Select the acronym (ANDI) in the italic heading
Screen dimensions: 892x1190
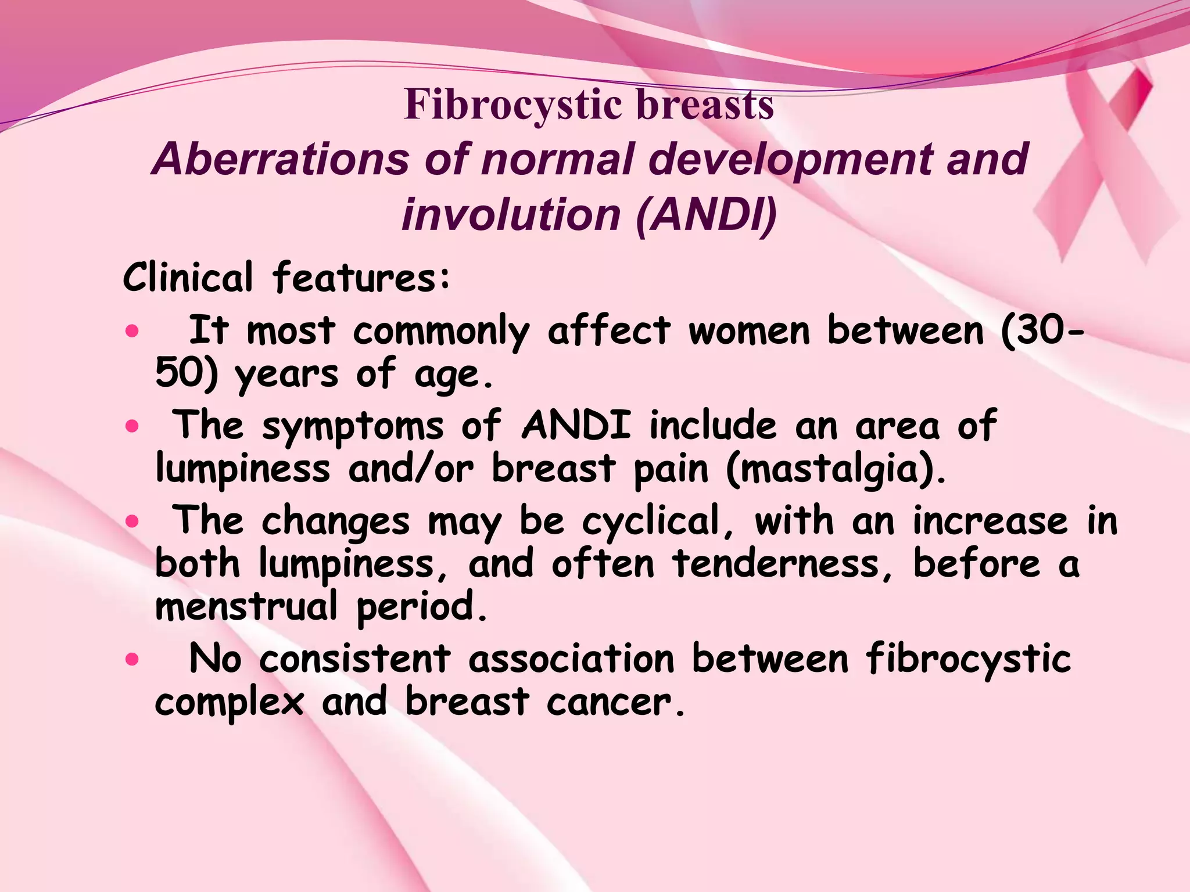click(706, 214)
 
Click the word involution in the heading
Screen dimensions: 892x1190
click(511, 214)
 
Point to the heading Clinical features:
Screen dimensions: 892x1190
click(286, 278)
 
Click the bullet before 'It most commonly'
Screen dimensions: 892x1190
click(132, 332)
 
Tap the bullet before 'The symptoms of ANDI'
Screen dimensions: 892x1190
click(132, 427)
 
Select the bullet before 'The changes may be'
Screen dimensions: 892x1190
click(132, 521)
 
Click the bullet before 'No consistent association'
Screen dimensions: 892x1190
click(132, 659)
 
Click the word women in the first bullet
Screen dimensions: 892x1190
click(749, 330)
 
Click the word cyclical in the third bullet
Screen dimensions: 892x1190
click(651, 521)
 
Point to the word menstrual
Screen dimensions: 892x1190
click(246, 607)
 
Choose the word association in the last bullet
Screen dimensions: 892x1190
click(572, 659)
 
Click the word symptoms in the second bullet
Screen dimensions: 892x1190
click(353, 427)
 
